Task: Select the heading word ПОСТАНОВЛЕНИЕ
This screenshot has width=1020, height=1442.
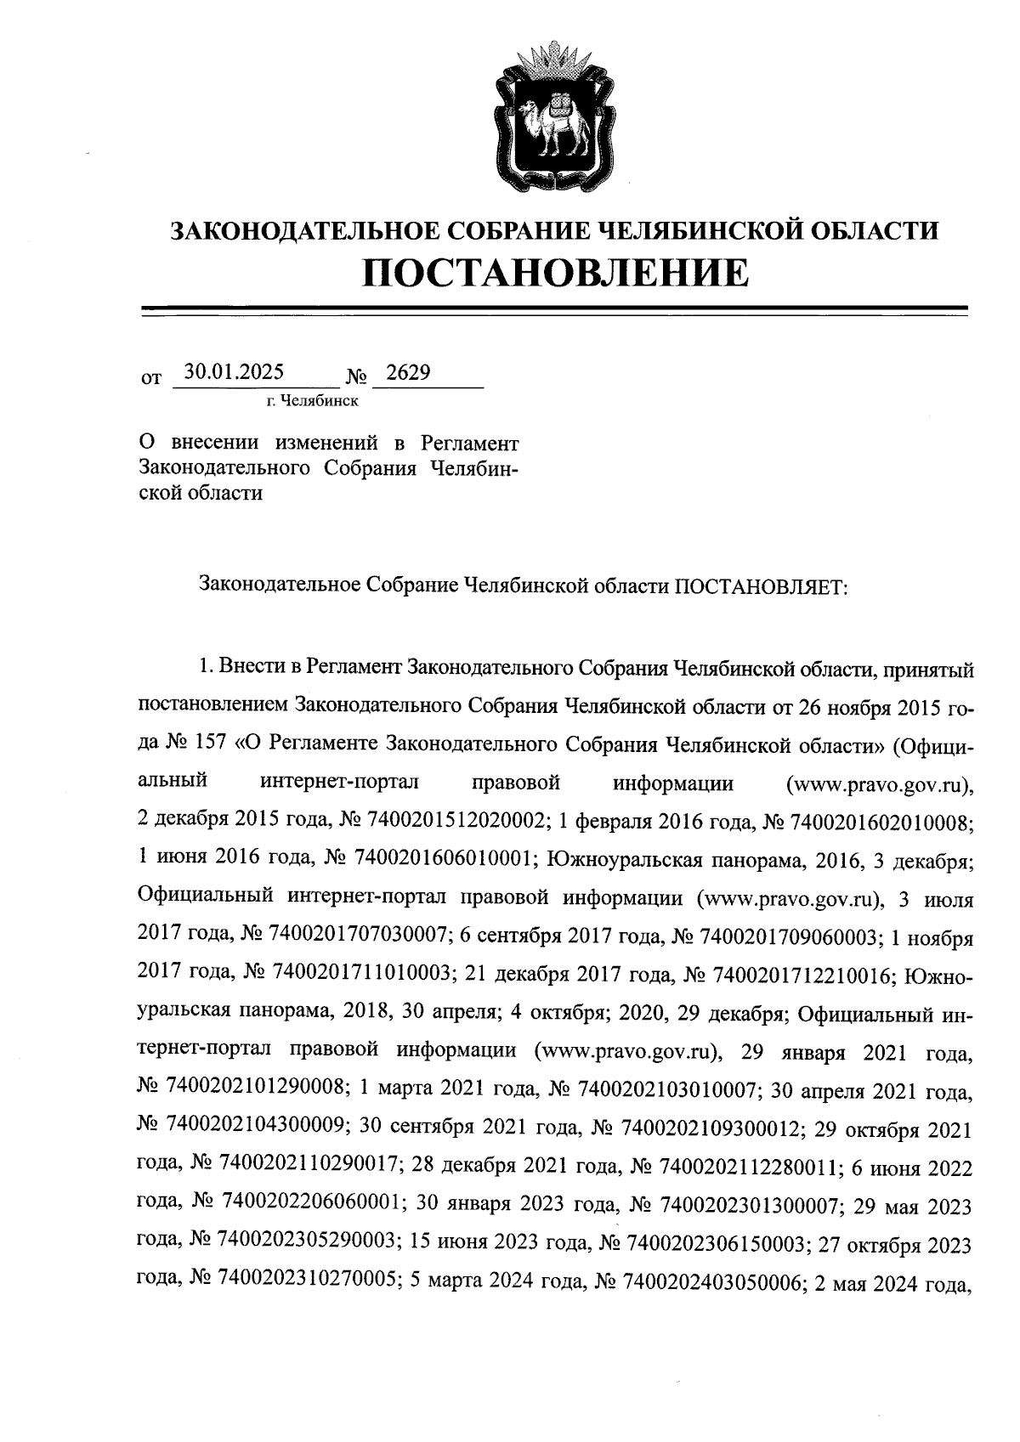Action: click(x=557, y=271)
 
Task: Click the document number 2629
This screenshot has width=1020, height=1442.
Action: click(x=407, y=373)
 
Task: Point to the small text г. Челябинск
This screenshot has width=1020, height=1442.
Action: click(x=312, y=400)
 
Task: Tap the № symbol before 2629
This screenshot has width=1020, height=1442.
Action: click(x=355, y=376)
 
